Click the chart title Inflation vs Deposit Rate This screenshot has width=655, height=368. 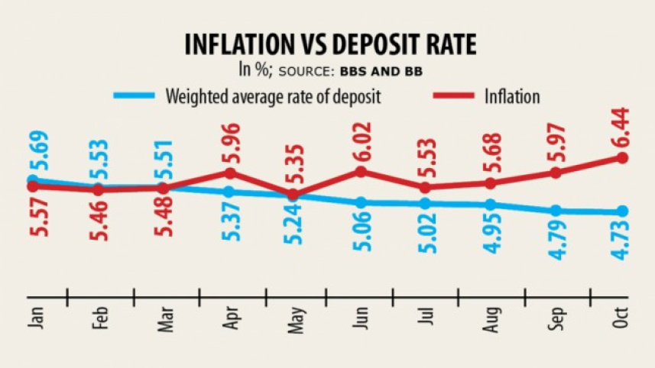[330, 44]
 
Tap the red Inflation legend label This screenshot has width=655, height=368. [512, 97]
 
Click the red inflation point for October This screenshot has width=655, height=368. [622, 158]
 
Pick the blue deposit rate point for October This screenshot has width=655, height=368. [622, 211]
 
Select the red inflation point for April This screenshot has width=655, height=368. [229, 173]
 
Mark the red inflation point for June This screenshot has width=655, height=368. [360, 171]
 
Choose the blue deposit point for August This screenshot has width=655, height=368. [491, 205]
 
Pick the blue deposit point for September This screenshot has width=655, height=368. [556, 211]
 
